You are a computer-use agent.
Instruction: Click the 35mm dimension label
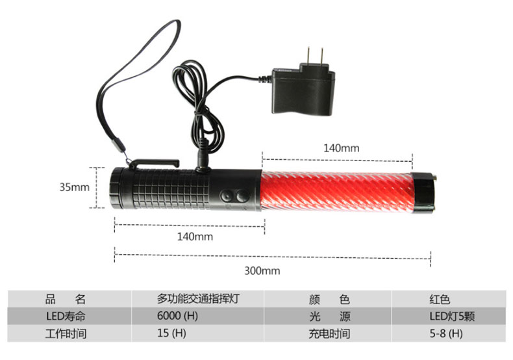[74, 187]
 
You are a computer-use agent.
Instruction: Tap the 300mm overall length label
[262, 271]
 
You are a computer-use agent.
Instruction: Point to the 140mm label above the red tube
[341, 148]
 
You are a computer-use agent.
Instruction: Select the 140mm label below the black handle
[195, 237]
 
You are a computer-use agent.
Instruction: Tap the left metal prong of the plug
[308, 56]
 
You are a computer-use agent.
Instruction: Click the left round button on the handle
[227, 196]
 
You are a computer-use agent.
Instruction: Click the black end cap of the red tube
[423, 193]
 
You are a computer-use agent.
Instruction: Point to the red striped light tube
[337, 191]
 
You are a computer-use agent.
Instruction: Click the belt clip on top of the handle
[154, 163]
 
